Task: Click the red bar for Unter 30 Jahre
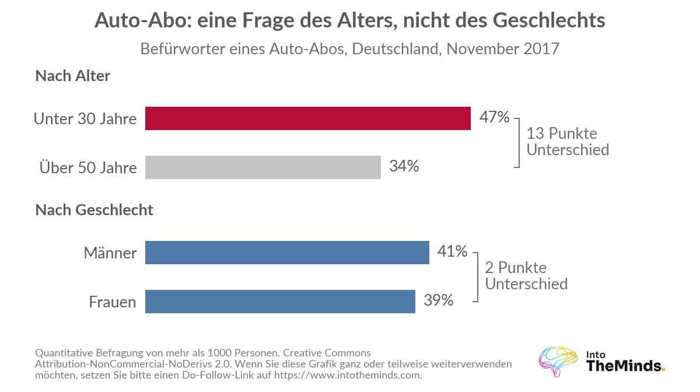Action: click(x=308, y=118)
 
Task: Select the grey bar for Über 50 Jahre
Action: click(x=263, y=167)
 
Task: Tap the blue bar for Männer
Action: click(x=287, y=252)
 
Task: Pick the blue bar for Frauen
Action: click(x=281, y=302)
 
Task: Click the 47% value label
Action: click(x=495, y=117)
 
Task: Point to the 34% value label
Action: click(x=404, y=166)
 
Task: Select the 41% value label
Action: click(x=453, y=251)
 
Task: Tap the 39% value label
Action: click(x=439, y=300)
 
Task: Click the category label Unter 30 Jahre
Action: click(x=85, y=119)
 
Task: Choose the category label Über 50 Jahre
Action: click(x=88, y=167)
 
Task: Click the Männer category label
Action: click(x=110, y=252)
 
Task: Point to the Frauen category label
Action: click(x=113, y=302)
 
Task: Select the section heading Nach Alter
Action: click(x=73, y=76)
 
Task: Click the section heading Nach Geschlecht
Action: click(x=94, y=210)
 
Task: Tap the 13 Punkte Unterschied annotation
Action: click(x=568, y=141)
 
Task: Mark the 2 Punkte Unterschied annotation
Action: click(x=526, y=275)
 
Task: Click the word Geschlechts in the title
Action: click(x=549, y=20)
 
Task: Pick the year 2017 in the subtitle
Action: click(x=541, y=49)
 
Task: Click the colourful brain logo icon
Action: click(x=558, y=361)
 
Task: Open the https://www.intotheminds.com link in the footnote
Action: click(x=348, y=375)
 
